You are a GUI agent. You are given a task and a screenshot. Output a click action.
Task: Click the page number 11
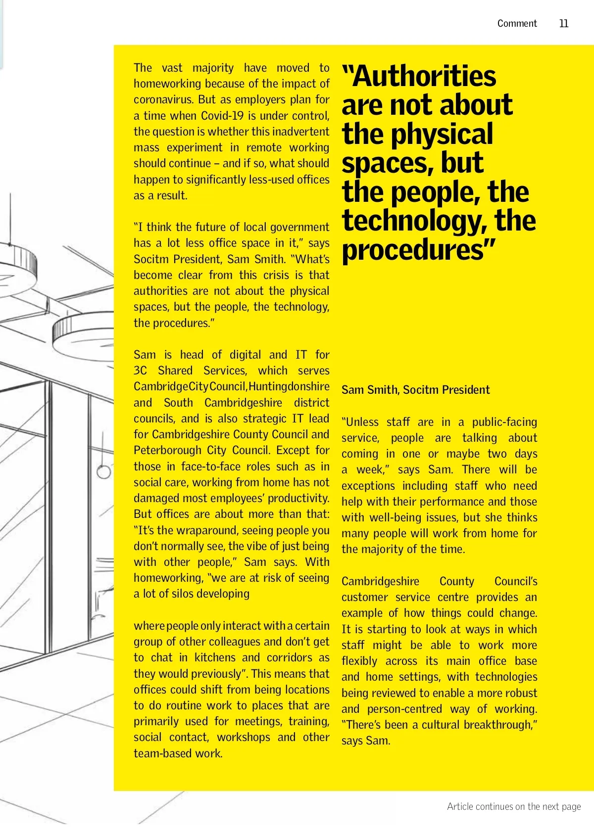(563, 24)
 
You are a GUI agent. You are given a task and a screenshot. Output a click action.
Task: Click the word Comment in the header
(517, 24)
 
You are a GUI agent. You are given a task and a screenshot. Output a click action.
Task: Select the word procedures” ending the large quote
(419, 249)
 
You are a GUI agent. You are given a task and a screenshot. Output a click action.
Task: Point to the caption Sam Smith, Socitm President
(415, 390)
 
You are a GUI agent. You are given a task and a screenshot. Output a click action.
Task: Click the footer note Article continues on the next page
(514, 806)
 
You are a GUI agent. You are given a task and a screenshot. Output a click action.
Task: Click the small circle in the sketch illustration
(103, 471)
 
